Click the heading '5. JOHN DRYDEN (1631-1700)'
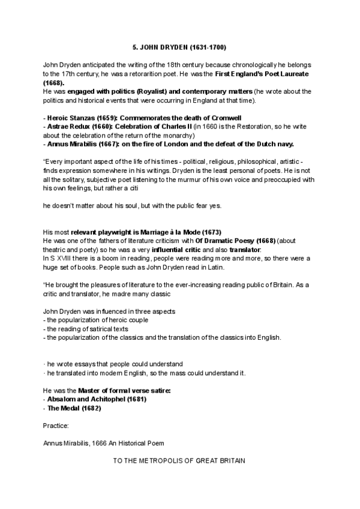tap(179, 47)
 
